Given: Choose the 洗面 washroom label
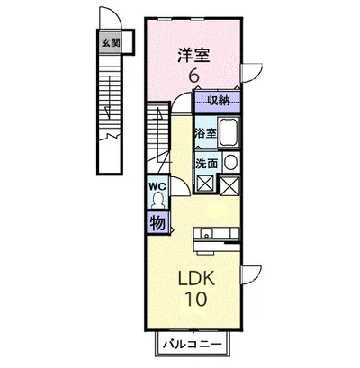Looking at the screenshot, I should click(206, 163).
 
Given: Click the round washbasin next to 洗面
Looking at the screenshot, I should click(229, 162).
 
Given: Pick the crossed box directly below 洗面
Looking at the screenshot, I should click(204, 185).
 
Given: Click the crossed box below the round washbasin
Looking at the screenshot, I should click(229, 185).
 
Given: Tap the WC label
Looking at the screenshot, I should click(155, 187).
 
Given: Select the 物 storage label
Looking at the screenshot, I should click(155, 221).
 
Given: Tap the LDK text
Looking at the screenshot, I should click(195, 276).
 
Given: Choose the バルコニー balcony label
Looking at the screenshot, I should click(191, 343).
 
